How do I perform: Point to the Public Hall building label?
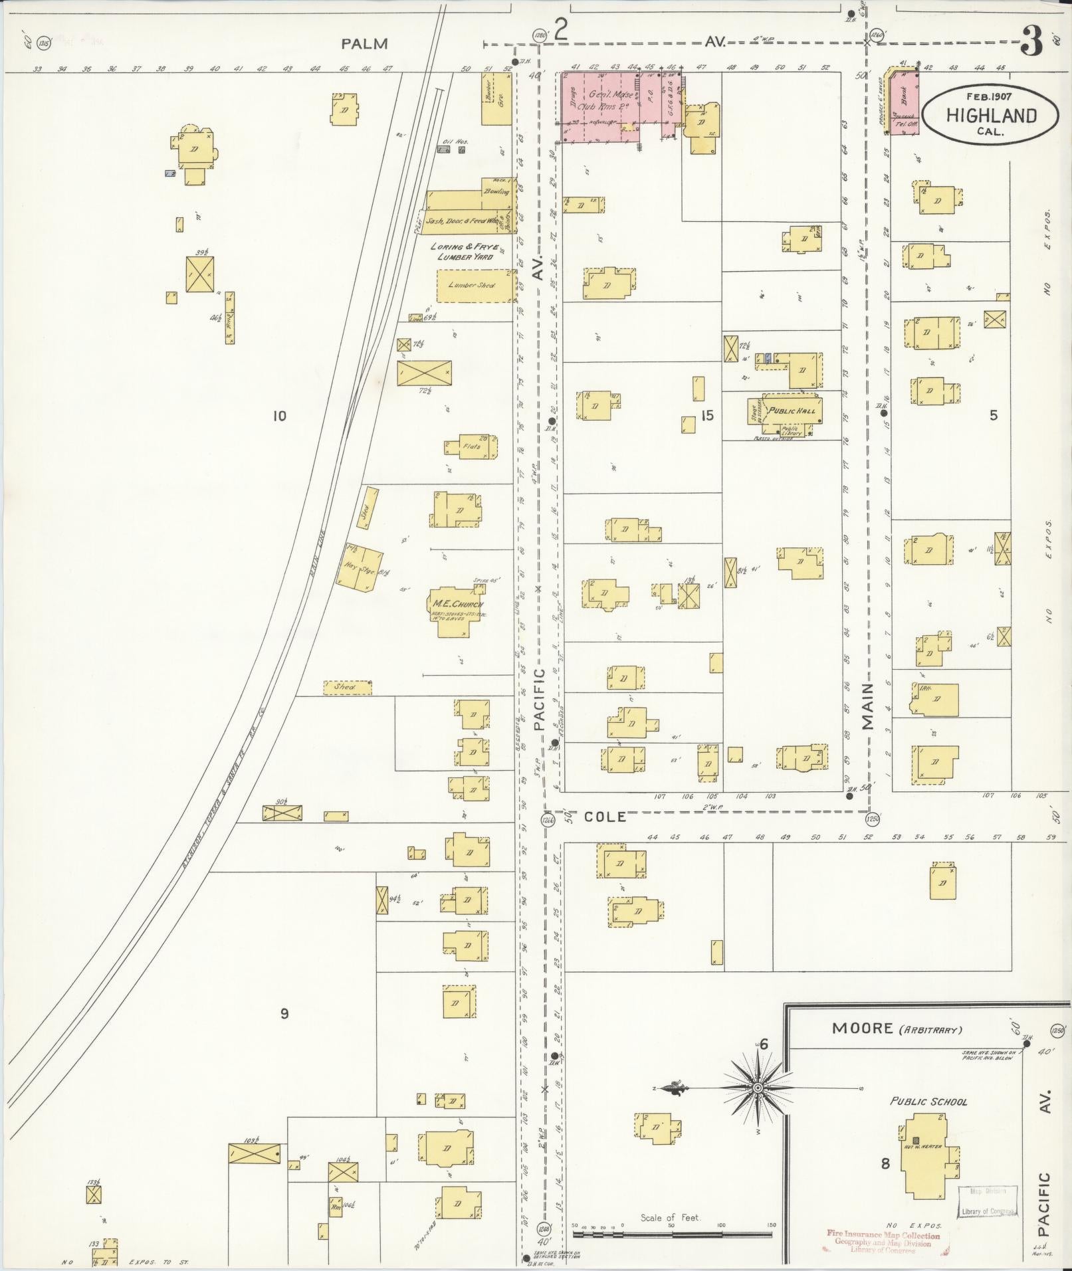tap(791, 411)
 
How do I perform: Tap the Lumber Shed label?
tap(471, 285)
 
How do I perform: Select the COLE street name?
tap(605, 817)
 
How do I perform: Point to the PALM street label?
tap(364, 44)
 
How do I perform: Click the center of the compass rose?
tap(757, 1088)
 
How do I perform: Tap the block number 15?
tap(706, 415)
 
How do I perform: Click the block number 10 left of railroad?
tap(279, 416)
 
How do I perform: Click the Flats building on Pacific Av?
tap(472, 447)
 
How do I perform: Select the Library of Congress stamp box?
tap(988, 1202)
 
